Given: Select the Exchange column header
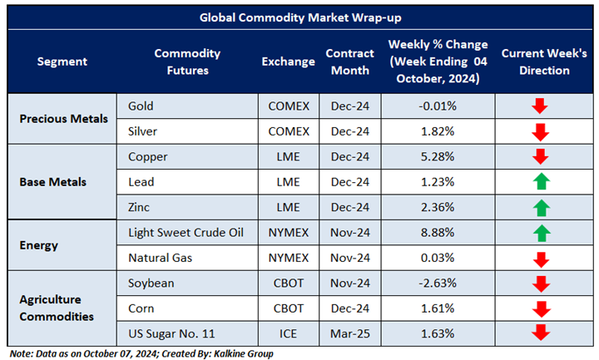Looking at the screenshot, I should point(289,62).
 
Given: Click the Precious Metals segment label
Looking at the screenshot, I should point(64,118).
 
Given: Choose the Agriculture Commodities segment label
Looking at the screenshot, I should point(58,308).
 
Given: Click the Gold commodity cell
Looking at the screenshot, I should point(141,106).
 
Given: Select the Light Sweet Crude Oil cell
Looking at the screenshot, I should point(186,232).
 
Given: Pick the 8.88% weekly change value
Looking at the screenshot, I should point(438,232).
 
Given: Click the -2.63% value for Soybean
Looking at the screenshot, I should point(438,283).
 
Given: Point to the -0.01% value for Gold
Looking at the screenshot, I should point(438,106).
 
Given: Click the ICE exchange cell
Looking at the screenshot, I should point(289,333).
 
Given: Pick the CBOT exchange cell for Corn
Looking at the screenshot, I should point(289,308).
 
